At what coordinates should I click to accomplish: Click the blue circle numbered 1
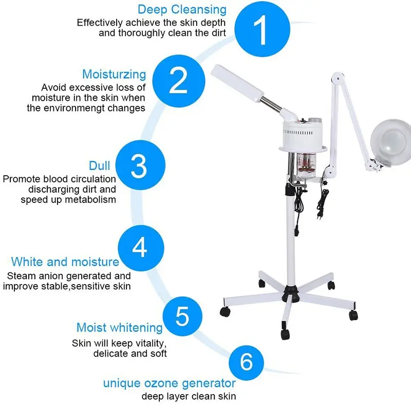coord(262,29)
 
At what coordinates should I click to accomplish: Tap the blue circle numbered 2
coord(179,81)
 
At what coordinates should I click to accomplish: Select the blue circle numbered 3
coord(140,165)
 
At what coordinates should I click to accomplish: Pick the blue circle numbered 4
coord(141,248)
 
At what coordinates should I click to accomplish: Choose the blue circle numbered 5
coord(182,316)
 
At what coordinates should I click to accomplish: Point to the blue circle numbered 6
coord(246,363)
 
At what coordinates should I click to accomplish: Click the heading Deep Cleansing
coord(182,10)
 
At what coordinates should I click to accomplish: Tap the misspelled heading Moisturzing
coord(114,74)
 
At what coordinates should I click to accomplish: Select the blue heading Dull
coord(99,165)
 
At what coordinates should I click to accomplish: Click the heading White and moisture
coord(65,262)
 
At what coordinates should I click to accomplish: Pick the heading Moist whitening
coord(120,328)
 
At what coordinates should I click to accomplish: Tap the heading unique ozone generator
coord(170,383)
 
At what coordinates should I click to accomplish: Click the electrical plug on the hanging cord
coord(320,214)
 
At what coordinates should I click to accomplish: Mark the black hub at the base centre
coord(290,293)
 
